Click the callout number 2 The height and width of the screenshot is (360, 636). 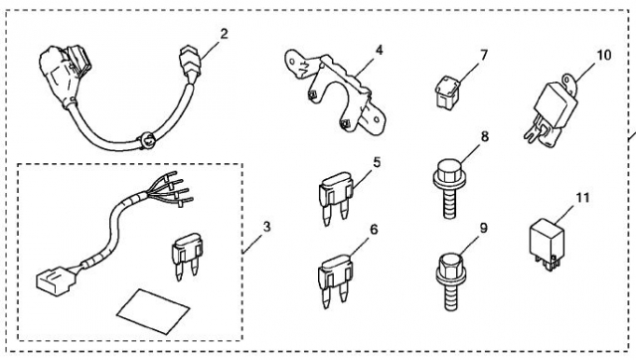click(225, 34)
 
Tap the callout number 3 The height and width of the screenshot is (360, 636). click(266, 227)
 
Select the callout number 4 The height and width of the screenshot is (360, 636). click(379, 51)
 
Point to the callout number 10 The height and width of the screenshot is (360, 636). click(604, 55)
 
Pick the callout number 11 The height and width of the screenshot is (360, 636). click(582, 198)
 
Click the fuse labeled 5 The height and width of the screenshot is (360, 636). click(336, 198)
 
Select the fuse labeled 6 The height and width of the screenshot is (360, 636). click(336, 281)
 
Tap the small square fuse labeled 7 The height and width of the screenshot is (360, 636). click(448, 93)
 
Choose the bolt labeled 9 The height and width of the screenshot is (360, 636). click(450, 281)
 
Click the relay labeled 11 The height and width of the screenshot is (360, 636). click(547, 245)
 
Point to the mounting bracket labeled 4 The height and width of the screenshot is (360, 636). click(336, 92)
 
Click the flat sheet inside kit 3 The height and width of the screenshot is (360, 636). click(153, 311)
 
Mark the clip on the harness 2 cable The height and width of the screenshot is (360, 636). click(148, 140)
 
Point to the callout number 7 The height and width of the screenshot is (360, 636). click(484, 56)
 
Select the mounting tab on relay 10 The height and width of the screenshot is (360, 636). click(569, 84)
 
